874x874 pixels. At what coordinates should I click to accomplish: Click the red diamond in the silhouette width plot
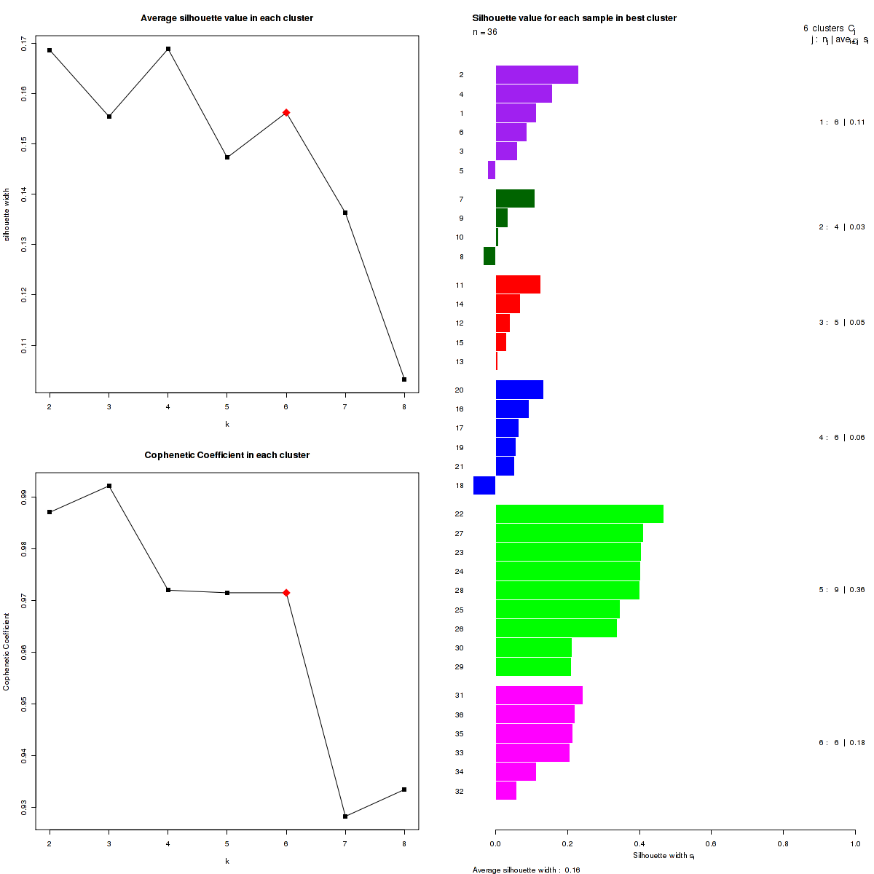[286, 112]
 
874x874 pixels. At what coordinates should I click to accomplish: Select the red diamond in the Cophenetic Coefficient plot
[286, 593]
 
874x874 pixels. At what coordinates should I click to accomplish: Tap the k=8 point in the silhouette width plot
[404, 379]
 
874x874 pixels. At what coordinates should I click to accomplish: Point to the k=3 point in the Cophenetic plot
[109, 486]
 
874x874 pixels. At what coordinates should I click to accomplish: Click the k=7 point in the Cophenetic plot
[345, 816]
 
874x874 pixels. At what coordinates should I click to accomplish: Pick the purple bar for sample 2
[537, 75]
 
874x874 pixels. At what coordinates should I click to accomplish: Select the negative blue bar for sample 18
[484, 485]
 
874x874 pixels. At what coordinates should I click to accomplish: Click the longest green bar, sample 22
[579, 514]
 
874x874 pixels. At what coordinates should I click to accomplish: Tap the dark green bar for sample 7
[515, 199]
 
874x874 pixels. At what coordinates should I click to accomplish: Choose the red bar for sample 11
[518, 285]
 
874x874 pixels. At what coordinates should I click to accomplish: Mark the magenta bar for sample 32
[506, 791]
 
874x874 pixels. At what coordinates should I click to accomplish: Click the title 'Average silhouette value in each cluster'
[227, 17]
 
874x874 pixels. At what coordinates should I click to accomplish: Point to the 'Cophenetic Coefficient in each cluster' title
[227, 455]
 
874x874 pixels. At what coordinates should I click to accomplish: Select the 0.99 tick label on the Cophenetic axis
[25, 496]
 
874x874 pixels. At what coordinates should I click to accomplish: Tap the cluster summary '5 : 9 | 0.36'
[841, 590]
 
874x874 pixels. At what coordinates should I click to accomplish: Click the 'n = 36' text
[485, 32]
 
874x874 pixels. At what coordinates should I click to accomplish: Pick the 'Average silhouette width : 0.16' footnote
[526, 870]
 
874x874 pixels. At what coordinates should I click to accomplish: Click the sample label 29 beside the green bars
[460, 667]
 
